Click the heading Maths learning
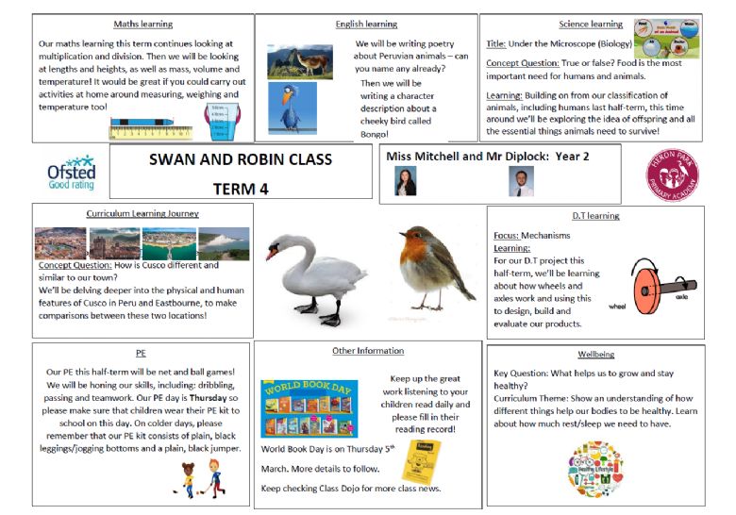click(x=142, y=24)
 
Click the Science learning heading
click(x=591, y=24)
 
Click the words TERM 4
click(x=241, y=189)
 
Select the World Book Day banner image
click(x=309, y=408)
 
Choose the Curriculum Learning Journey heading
click(x=142, y=214)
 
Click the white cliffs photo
click(x=224, y=243)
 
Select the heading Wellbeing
click(x=594, y=355)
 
